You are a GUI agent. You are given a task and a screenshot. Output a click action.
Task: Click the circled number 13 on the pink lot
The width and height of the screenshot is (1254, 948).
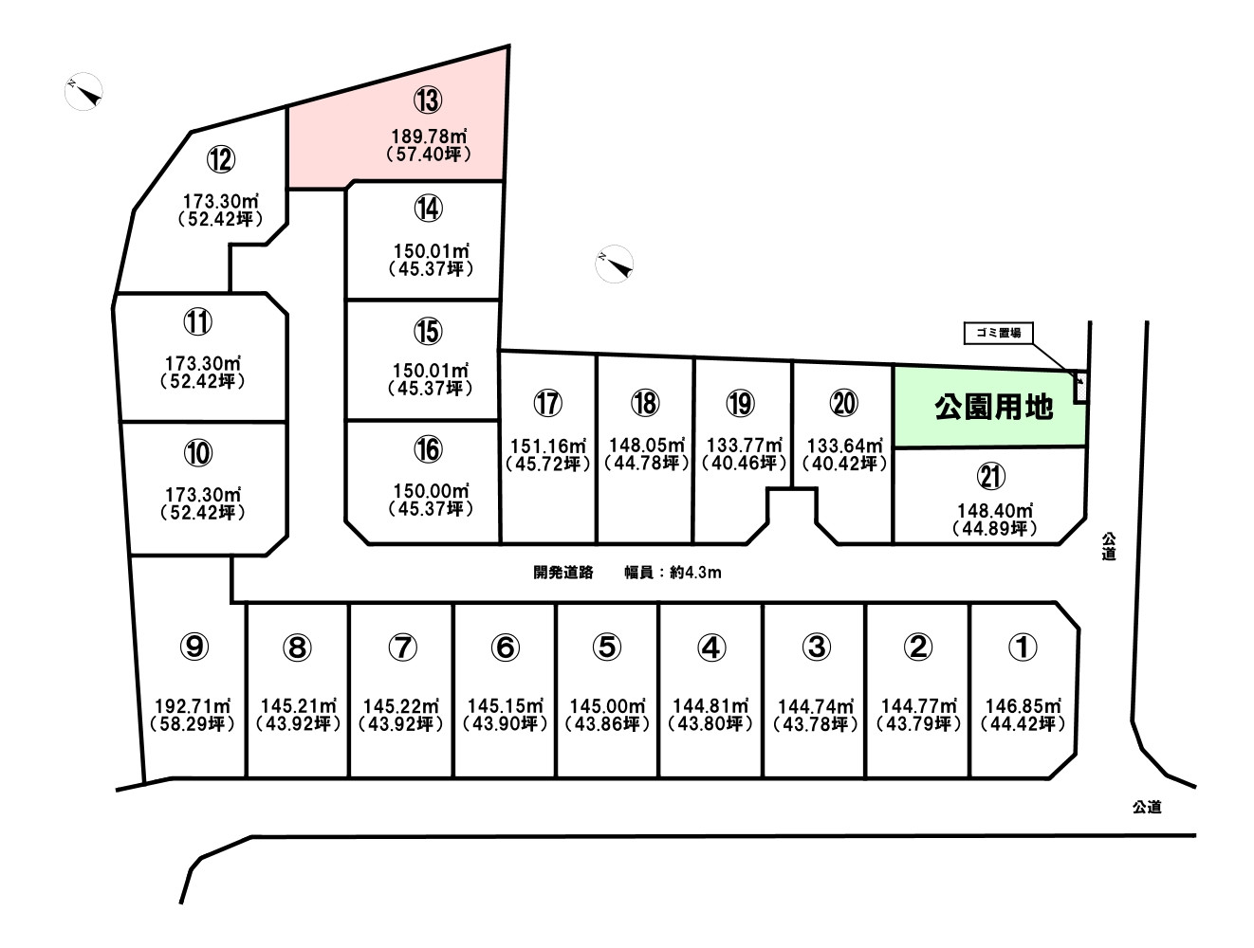pyautogui.click(x=428, y=101)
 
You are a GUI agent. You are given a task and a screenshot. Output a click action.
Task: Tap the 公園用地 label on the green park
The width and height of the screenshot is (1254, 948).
pyautogui.click(x=993, y=408)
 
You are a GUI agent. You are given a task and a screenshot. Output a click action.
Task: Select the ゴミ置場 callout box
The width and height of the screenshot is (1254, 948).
pyautogui.click(x=998, y=334)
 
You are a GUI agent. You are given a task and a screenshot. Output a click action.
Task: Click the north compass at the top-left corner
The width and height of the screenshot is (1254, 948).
pyautogui.click(x=84, y=91)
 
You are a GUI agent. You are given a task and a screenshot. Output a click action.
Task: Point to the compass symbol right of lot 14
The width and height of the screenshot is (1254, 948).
pyautogui.click(x=614, y=264)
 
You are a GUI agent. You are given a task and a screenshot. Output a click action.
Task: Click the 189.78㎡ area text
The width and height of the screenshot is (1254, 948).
pyautogui.click(x=429, y=137)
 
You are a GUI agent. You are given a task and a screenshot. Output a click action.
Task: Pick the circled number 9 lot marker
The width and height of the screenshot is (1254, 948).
pyautogui.click(x=194, y=647)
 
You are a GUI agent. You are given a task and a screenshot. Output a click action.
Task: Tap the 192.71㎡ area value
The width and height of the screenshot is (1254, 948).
pyautogui.click(x=194, y=706)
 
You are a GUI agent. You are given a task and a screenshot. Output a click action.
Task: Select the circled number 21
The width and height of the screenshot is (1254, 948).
pyautogui.click(x=991, y=477)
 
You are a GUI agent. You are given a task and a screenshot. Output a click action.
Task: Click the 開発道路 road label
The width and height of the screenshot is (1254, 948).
pyautogui.click(x=563, y=573)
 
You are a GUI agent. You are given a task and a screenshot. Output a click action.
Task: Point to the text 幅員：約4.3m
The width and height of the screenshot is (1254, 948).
pyautogui.click(x=673, y=573)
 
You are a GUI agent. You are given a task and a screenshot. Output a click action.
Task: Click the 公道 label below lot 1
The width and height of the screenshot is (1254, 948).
pyautogui.click(x=1147, y=807)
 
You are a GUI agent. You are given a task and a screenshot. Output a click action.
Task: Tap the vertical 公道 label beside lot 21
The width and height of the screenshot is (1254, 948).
pyautogui.click(x=1109, y=547)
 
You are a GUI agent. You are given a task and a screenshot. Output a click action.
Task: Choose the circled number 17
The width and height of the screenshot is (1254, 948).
pyautogui.click(x=548, y=403)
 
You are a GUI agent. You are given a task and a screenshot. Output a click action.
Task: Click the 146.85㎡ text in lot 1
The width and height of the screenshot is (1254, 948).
pyautogui.click(x=1023, y=706)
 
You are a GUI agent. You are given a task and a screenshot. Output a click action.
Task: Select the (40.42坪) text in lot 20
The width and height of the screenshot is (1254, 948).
pyautogui.click(x=844, y=464)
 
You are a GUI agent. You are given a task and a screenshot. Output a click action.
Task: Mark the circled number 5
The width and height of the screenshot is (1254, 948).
pyautogui.click(x=607, y=647)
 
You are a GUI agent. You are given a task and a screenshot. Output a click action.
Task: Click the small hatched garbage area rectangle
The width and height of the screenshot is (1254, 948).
pyautogui.click(x=1080, y=387)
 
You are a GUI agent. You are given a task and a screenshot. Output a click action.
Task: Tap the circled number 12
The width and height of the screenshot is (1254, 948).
pyautogui.click(x=221, y=159)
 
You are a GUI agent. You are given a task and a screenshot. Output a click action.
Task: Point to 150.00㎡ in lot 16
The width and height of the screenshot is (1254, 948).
pyautogui.click(x=432, y=491)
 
